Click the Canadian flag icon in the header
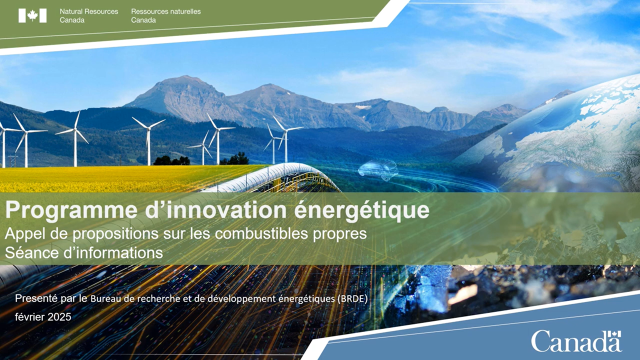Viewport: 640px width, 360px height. (x=32, y=15)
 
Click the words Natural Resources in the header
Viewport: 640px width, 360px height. (x=89, y=11)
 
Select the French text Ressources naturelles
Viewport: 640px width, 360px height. (x=165, y=11)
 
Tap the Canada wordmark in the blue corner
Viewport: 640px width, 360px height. (x=576, y=341)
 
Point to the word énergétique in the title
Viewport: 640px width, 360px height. (x=361, y=210)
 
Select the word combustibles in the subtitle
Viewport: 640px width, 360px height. (x=261, y=233)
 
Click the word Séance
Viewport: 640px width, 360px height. (x=31, y=252)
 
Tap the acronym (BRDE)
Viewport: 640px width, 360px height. (x=352, y=298)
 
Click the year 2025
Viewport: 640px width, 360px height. (x=59, y=317)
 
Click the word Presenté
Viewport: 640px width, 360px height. (x=36, y=298)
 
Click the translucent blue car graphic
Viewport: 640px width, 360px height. (x=377, y=170)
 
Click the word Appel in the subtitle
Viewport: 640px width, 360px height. (x=23, y=234)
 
